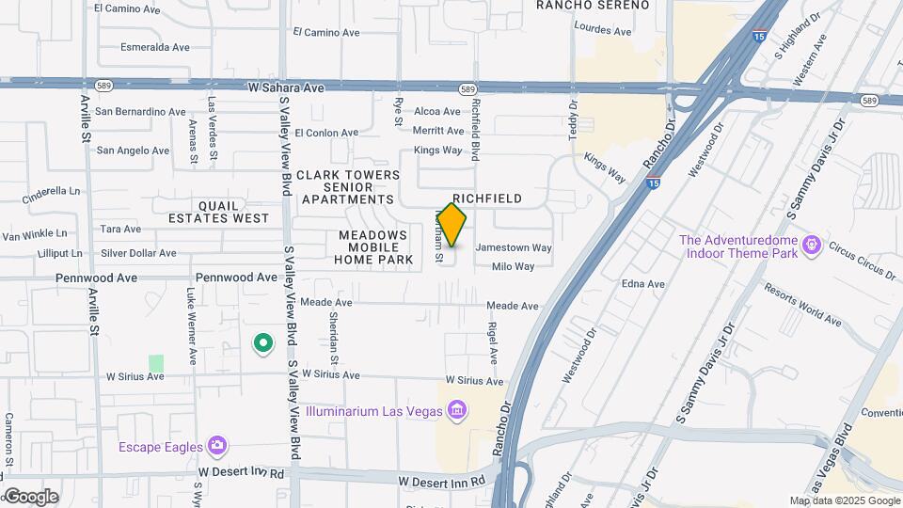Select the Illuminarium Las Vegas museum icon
[457, 410]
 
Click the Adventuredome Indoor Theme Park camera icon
[811, 246]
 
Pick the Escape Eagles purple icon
[218, 445]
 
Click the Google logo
[30, 497]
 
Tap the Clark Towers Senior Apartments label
[347, 187]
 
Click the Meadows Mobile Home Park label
[373, 247]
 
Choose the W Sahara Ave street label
[285, 87]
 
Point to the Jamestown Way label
[514, 247]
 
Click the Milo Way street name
[513, 266]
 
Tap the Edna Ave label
[643, 284]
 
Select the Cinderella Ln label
[50, 191]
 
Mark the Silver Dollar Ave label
[138, 253]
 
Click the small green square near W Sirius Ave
[156, 362]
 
